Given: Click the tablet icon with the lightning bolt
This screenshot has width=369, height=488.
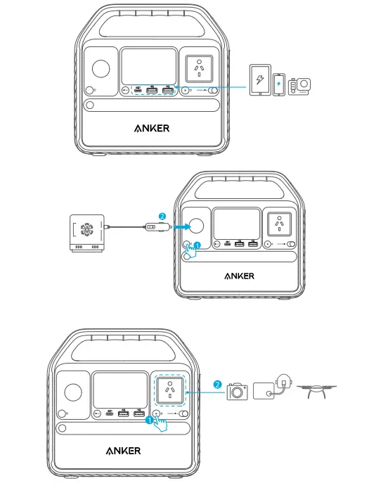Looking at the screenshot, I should pyautogui.click(x=260, y=79).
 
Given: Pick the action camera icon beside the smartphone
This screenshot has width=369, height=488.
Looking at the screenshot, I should pyautogui.click(x=299, y=84).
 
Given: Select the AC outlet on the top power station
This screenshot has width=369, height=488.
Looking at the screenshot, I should pyautogui.click(x=200, y=67).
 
